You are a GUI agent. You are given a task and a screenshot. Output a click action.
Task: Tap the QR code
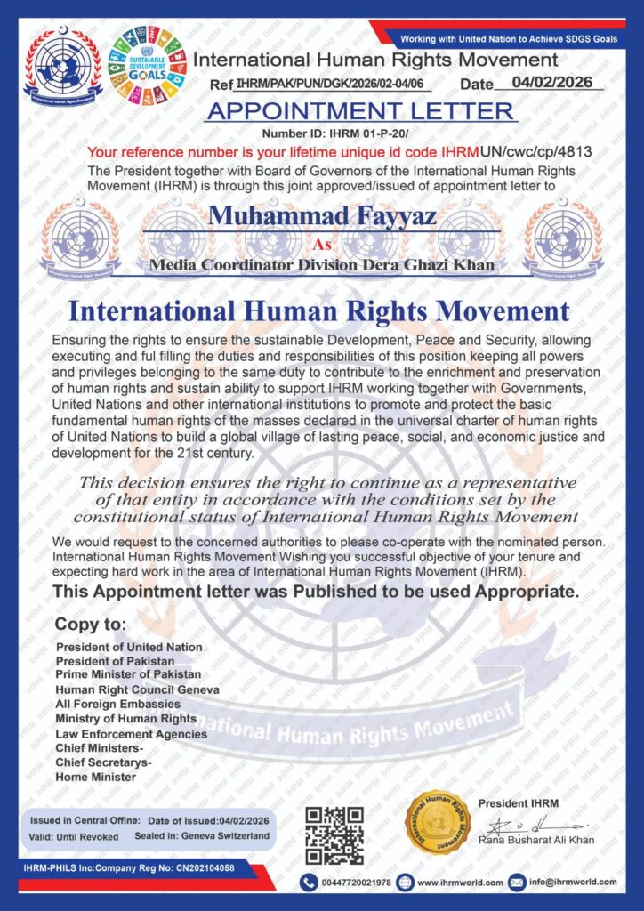click(x=334, y=835)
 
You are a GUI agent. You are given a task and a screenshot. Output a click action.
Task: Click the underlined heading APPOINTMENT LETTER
click(x=359, y=111)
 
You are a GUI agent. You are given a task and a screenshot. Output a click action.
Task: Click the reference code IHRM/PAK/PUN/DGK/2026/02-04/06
click(x=334, y=85)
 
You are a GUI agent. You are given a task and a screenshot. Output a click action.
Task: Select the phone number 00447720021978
click(x=358, y=883)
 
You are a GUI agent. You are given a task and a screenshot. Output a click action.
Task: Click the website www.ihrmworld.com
click(x=460, y=883)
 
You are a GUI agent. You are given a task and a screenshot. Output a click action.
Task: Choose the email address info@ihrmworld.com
click(x=573, y=883)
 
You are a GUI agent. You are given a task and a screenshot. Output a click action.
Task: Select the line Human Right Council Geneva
click(x=137, y=689)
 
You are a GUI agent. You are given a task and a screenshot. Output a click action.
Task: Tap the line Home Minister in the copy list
click(x=95, y=777)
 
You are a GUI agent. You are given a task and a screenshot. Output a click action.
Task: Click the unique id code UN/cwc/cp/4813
click(x=535, y=151)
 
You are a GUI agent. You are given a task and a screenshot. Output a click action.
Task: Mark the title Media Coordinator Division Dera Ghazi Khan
click(x=321, y=265)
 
